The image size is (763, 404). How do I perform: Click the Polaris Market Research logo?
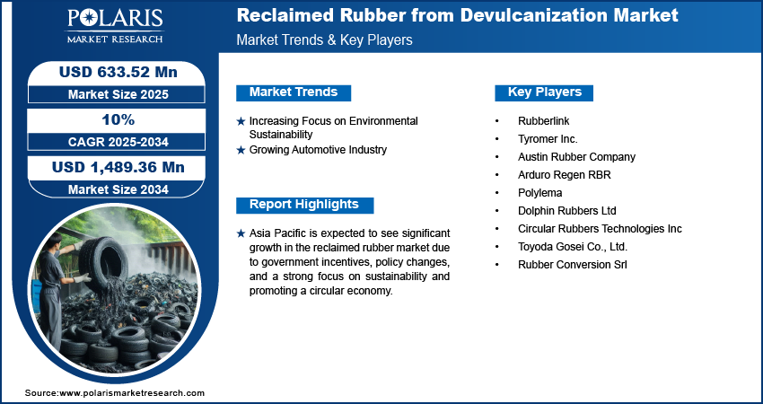115,26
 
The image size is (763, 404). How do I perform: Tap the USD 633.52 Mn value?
118,72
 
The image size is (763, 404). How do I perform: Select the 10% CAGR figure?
118,119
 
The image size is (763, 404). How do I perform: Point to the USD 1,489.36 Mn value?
118,168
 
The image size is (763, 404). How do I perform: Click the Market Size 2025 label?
118,94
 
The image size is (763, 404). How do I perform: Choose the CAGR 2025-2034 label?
118,142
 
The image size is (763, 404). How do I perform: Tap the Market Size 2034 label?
118,189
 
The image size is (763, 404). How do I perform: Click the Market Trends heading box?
294,92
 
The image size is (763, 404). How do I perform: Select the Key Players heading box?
544,92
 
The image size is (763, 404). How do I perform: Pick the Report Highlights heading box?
304,205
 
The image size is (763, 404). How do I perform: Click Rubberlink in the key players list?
544,120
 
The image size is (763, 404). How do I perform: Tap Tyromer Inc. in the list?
548,139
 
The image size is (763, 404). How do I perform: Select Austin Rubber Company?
576,157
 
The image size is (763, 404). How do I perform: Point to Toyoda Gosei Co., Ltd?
573,247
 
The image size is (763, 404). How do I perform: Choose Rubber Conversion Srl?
573,265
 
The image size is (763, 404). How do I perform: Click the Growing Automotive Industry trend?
318,150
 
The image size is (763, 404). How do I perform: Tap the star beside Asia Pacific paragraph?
241,233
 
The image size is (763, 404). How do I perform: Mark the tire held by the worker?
103,263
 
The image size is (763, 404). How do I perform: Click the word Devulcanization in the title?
534,15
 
